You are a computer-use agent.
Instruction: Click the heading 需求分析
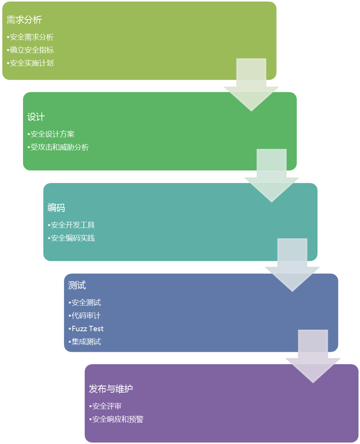(x=24, y=20)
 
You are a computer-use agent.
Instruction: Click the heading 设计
(x=36, y=117)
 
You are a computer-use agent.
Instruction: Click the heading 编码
(x=56, y=208)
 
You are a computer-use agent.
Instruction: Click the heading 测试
(x=76, y=285)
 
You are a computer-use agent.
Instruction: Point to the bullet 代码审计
(x=84, y=316)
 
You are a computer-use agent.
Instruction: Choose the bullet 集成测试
(x=84, y=342)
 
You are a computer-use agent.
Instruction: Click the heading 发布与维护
(x=111, y=389)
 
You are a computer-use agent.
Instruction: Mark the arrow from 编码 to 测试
(x=292, y=264)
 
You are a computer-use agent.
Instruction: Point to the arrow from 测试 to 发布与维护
(x=313, y=356)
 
